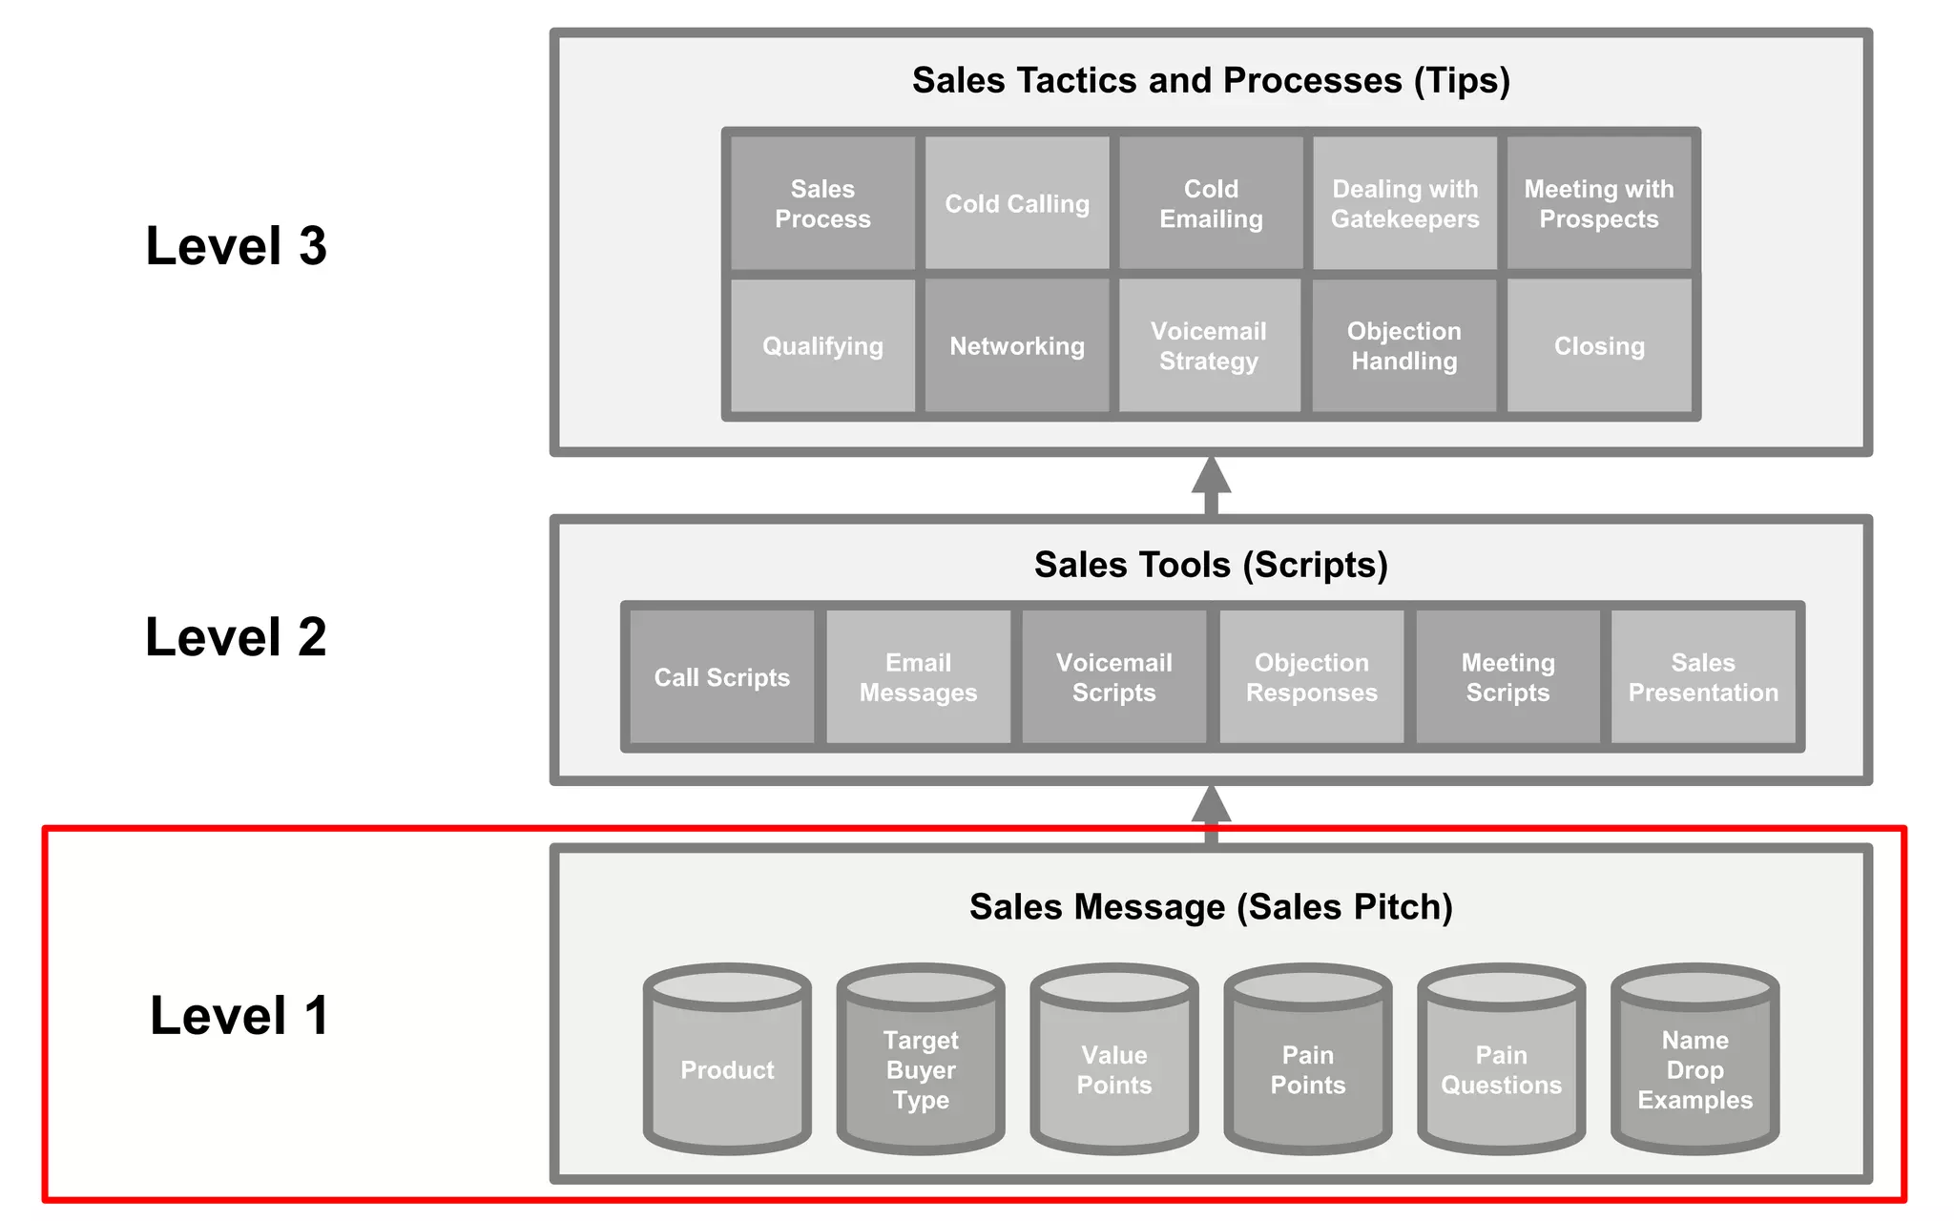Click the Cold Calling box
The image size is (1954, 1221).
coord(1017,203)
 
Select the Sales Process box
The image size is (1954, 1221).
coord(822,203)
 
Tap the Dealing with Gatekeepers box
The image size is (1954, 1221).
coord(1404,203)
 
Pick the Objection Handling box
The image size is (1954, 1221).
coord(1404,345)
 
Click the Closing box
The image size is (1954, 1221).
coord(1599,345)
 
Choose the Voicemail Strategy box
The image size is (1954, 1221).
coord(1209,345)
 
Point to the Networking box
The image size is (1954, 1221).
coord(1017,345)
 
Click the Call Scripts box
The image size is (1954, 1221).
coord(722,677)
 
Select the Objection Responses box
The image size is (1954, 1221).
coord(1311,677)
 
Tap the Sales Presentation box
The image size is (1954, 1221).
coord(1703,677)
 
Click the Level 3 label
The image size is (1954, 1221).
coord(236,246)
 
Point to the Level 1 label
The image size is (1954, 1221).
coord(239,1015)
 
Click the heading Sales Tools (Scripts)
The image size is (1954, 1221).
coord(1211,565)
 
